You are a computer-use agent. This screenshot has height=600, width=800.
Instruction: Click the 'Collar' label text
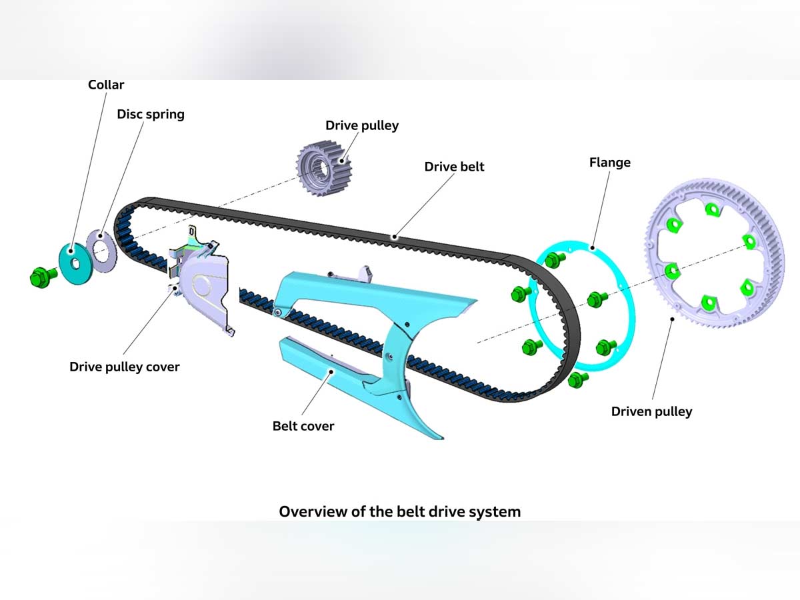[106, 85]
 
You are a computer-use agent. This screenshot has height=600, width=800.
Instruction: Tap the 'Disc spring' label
[151, 114]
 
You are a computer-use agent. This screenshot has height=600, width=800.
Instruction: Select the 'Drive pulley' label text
[362, 125]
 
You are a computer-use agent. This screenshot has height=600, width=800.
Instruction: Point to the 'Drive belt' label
[454, 167]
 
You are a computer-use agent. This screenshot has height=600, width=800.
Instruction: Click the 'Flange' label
[609, 163]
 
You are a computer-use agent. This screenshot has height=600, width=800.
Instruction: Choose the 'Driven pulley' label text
[651, 411]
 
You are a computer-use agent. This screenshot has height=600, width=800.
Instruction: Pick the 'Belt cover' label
[303, 426]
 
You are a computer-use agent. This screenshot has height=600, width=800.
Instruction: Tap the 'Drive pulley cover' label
[125, 367]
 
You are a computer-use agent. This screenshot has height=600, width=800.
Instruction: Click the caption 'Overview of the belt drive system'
[399, 512]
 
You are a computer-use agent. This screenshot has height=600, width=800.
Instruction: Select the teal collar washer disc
[75, 264]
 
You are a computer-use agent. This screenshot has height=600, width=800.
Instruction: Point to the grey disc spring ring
[101, 252]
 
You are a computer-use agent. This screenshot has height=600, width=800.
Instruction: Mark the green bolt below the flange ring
[577, 381]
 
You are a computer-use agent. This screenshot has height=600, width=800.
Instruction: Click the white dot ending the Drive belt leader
[395, 236]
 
